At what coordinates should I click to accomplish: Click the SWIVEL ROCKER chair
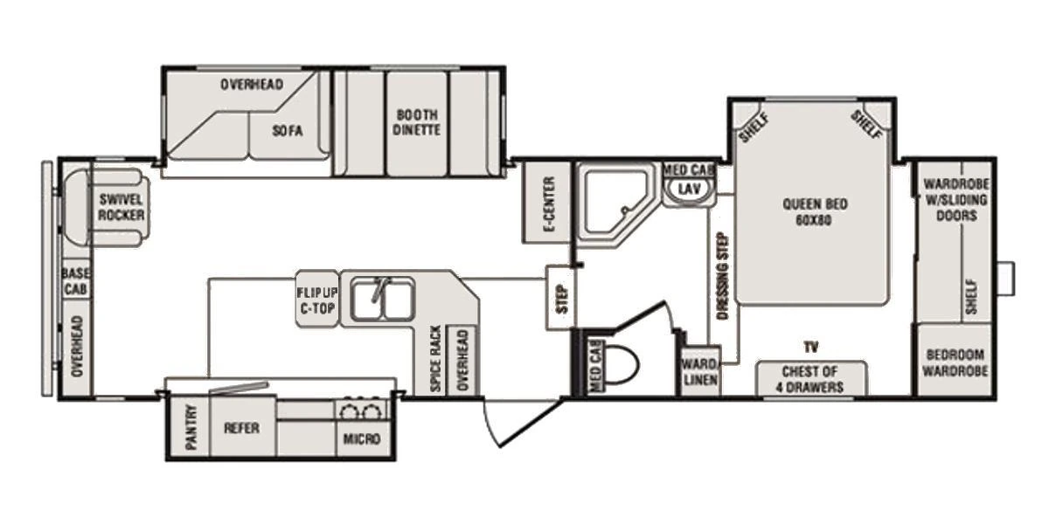(x=108, y=207)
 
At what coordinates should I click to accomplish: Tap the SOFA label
(x=288, y=130)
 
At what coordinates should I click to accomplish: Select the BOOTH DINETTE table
(x=417, y=123)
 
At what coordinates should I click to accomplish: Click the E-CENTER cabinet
(x=546, y=203)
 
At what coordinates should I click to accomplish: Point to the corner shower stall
(x=615, y=203)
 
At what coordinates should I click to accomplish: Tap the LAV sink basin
(x=689, y=190)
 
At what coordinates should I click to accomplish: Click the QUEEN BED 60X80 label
(x=815, y=211)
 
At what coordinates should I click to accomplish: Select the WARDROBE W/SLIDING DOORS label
(x=956, y=200)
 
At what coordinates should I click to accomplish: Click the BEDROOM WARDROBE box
(x=955, y=360)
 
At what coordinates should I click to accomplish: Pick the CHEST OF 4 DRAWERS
(x=811, y=378)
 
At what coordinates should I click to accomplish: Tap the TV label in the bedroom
(x=811, y=348)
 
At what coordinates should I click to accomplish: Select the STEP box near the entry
(x=561, y=298)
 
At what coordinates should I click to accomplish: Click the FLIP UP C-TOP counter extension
(x=317, y=299)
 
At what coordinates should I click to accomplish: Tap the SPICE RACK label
(x=435, y=359)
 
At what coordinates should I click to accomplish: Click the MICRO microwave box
(x=363, y=438)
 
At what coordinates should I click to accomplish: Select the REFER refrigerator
(x=242, y=427)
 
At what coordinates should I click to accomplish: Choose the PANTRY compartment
(x=191, y=427)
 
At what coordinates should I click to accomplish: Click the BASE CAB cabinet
(x=76, y=280)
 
